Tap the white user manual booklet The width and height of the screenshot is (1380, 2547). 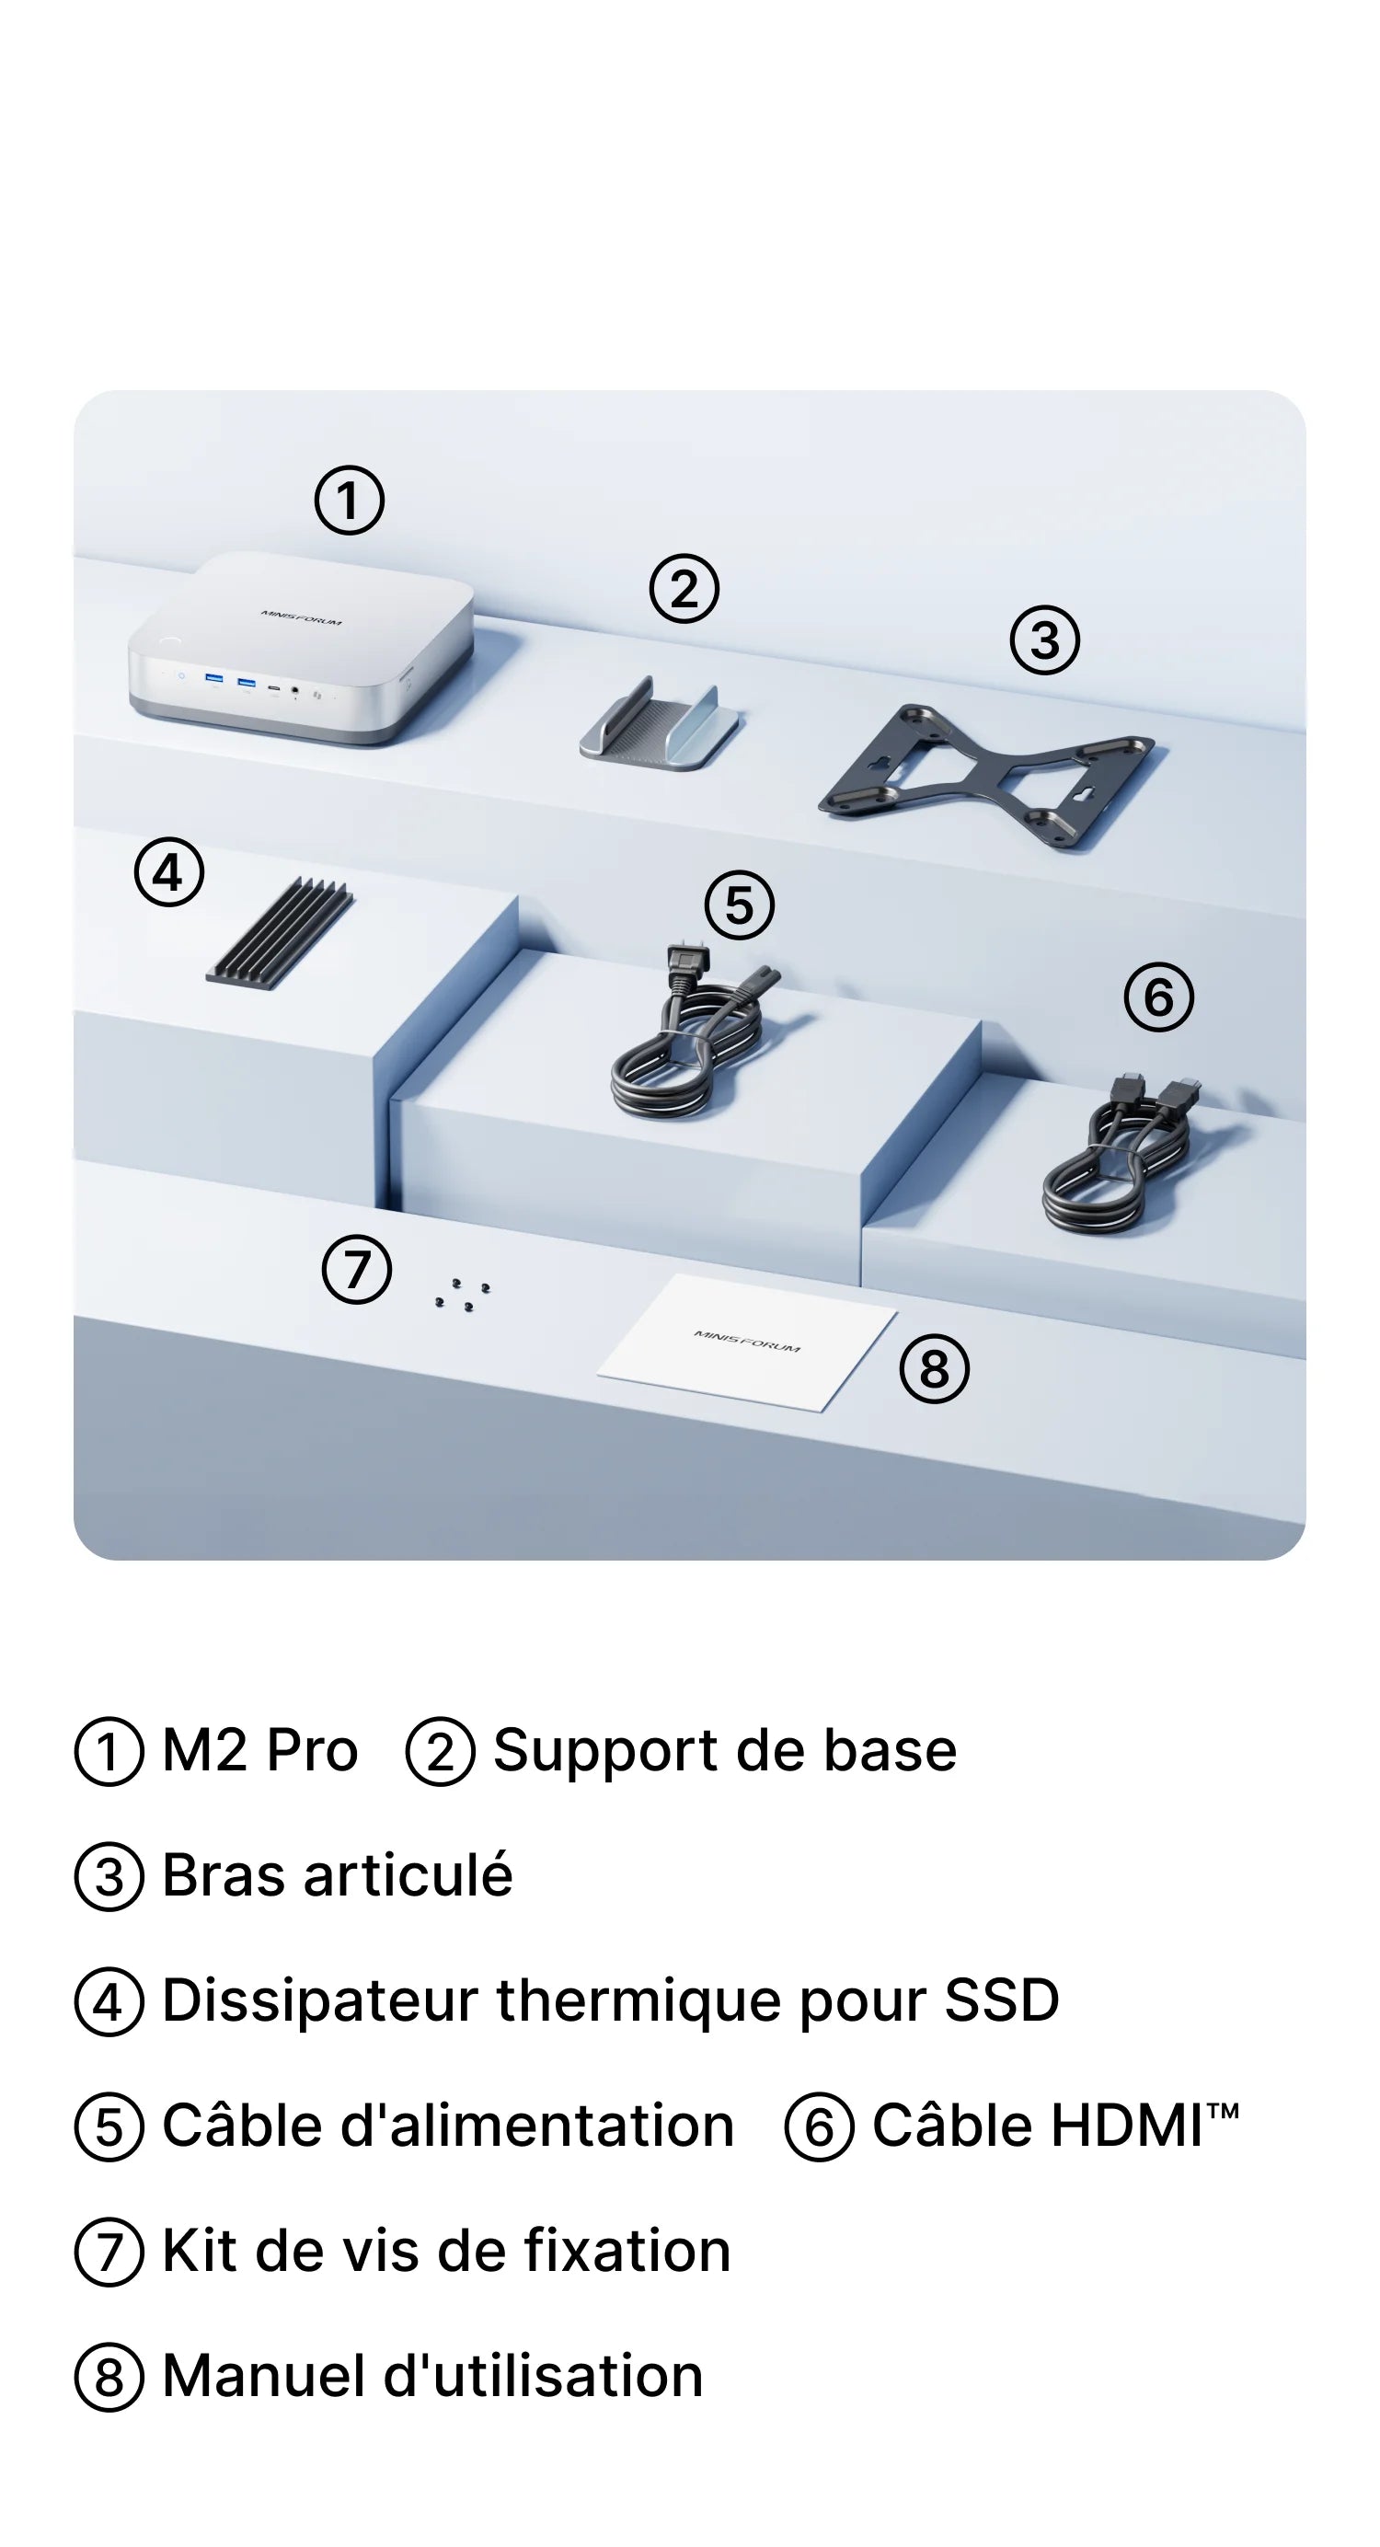(747, 1342)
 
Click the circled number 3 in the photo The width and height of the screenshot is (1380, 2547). (1045, 640)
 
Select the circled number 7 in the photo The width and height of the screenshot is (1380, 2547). (357, 1270)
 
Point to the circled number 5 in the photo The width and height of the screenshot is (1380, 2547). (740, 905)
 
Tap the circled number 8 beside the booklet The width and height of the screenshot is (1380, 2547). (934, 1368)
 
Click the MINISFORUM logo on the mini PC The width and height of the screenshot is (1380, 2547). (302, 618)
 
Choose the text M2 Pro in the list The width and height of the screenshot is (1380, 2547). (259, 1750)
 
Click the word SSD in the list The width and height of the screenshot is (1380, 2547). (1001, 2000)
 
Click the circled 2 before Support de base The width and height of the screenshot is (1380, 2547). (441, 1751)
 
